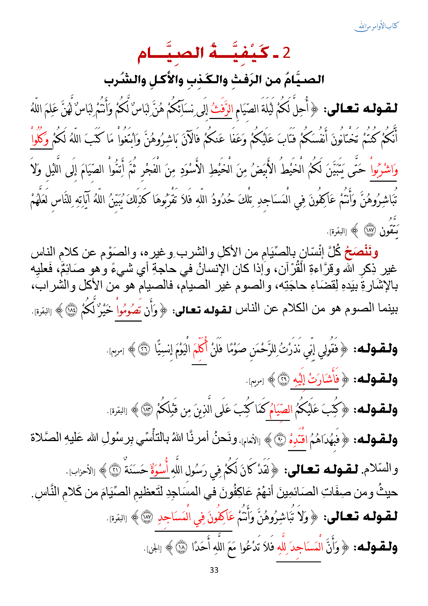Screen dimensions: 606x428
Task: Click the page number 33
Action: (214, 570)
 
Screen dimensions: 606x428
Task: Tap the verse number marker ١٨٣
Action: (147, 410)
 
